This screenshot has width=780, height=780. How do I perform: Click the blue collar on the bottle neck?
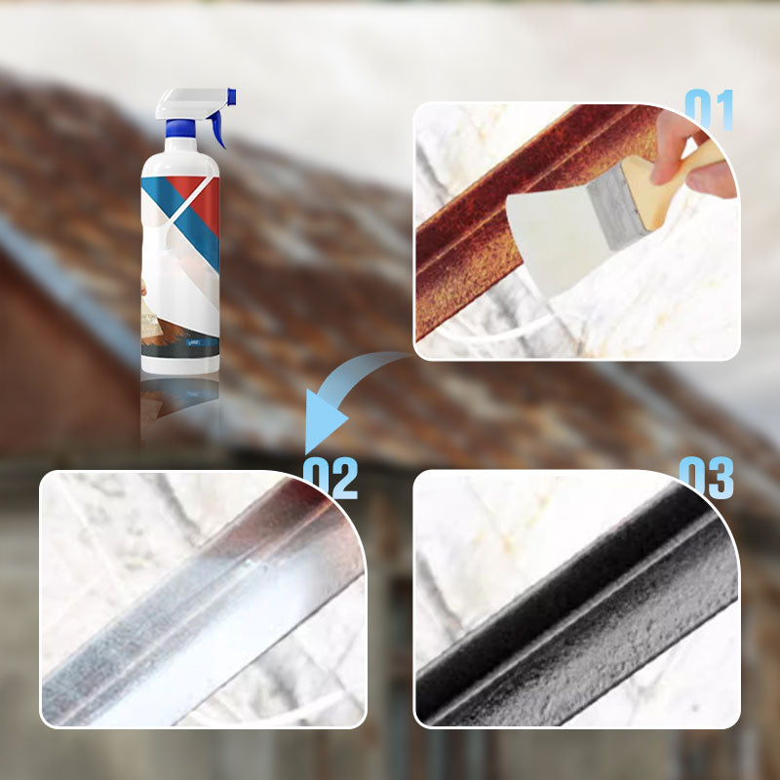180,129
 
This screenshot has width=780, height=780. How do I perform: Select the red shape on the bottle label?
201,198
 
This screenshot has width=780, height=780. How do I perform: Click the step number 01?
710,110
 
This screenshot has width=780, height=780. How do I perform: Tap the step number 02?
331,478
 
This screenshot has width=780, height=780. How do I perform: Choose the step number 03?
706,478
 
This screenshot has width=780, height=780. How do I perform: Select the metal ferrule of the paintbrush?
618,208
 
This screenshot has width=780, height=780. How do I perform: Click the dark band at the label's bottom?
180,347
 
